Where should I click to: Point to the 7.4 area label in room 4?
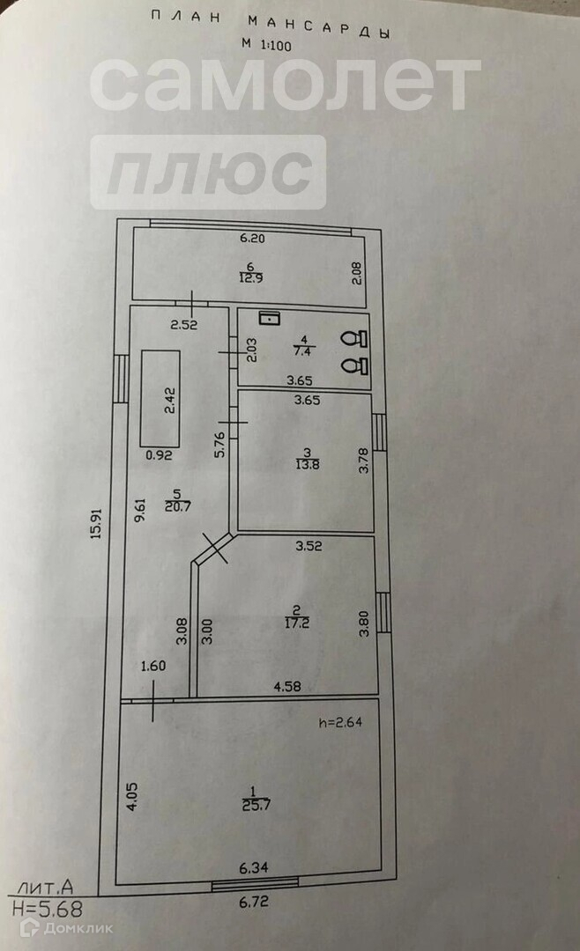pyautogui.click(x=302, y=349)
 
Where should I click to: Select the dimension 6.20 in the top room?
pyautogui.click(x=252, y=238)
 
